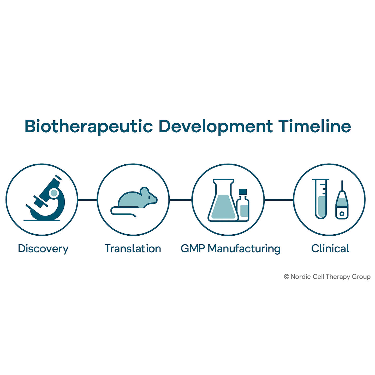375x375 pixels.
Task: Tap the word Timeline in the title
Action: (x=315, y=126)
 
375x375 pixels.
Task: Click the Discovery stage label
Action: (x=43, y=249)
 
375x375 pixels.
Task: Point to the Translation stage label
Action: (x=133, y=248)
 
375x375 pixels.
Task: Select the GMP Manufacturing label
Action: (x=231, y=249)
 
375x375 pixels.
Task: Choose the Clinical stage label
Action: (x=330, y=248)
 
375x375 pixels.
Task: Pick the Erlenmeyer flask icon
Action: (x=223, y=200)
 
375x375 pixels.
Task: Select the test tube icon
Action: (x=321, y=199)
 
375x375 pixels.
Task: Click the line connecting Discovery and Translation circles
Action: (x=87, y=200)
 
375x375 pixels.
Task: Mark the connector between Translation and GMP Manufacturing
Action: (x=181, y=200)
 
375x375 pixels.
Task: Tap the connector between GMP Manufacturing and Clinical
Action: (x=279, y=200)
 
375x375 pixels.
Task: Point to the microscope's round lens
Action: (x=54, y=193)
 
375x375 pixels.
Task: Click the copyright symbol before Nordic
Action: (x=287, y=277)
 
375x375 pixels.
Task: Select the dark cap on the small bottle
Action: (x=243, y=192)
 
